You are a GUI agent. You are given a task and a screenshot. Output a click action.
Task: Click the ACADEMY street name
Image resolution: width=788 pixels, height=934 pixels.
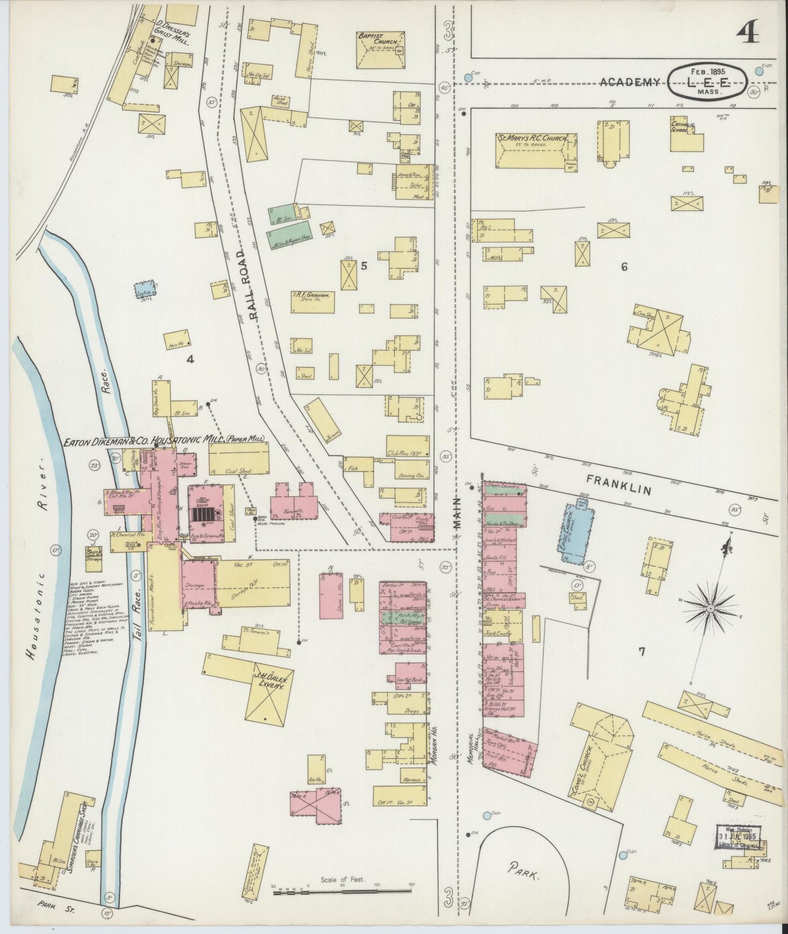[x=630, y=82]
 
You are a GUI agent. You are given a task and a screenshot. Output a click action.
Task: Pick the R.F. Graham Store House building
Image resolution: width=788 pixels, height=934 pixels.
[x=312, y=301]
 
